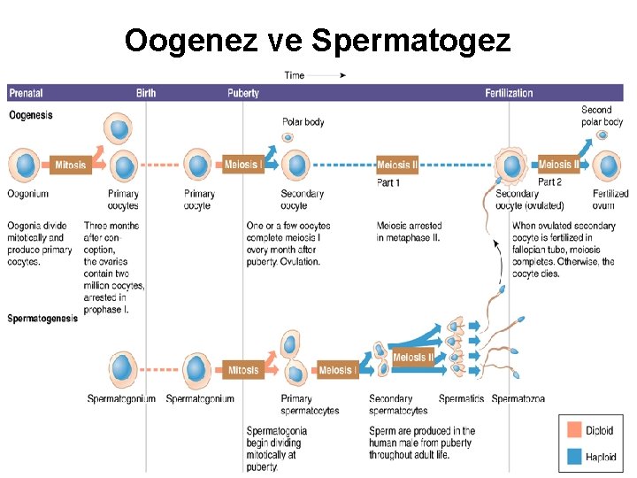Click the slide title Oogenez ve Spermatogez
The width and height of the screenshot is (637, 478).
(318, 41)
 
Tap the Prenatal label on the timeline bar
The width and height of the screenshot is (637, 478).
(26, 93)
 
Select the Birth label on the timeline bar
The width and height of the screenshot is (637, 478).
(146, 93)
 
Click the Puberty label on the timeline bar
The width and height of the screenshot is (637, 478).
(243, 93)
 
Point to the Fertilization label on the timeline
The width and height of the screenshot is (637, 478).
(509, 93)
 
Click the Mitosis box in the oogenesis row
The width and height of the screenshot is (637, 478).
(70, 166)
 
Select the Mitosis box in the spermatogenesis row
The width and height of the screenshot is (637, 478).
(243, 370)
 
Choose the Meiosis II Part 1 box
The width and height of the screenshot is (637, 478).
(396, 166)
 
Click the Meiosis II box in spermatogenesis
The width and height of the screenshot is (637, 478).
(413, 358)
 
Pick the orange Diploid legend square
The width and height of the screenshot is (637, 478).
(574, 431)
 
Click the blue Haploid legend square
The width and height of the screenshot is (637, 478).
(574, 457)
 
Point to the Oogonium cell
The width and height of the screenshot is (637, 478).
(26, 166)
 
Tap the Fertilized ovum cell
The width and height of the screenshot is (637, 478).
(608, 166)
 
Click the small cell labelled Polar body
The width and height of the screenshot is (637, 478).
(288, 137)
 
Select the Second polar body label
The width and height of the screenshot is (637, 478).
(602, 116)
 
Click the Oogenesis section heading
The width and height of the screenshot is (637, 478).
(31, 115)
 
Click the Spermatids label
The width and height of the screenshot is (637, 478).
(461, 399)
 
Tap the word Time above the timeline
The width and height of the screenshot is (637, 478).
(295, 75)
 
